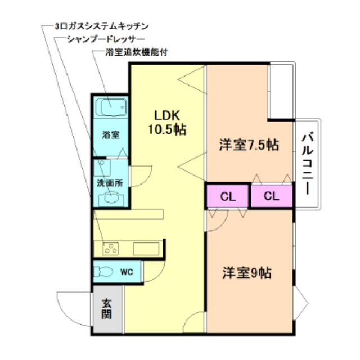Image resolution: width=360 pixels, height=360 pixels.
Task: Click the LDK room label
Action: tap(167, 115)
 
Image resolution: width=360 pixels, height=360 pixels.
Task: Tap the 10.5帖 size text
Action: tap(167, 130)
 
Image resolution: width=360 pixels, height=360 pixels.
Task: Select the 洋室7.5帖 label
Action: tap(249, 145)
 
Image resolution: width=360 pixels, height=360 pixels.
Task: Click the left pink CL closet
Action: tap(227, 196)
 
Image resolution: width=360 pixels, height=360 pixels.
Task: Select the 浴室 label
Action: tap(110, 135)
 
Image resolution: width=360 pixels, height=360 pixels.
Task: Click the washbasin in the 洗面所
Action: tap(110, 197)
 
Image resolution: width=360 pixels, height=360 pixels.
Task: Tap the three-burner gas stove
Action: tap(111, 248)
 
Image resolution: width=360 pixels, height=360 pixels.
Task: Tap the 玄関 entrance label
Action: tap(106, 309)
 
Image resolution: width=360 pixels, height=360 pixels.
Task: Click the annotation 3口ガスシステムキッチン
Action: tap(101, 26)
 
